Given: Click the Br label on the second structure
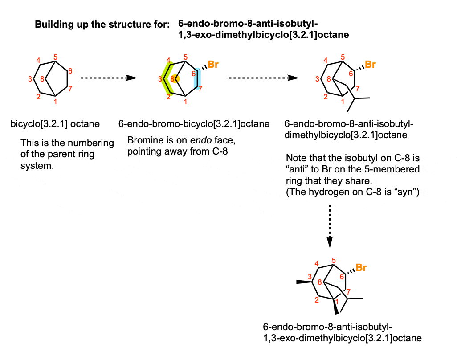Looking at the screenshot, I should click(213, 65).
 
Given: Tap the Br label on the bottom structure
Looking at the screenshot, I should click(361, 268).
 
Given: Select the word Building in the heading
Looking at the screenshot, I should click(53, 25).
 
